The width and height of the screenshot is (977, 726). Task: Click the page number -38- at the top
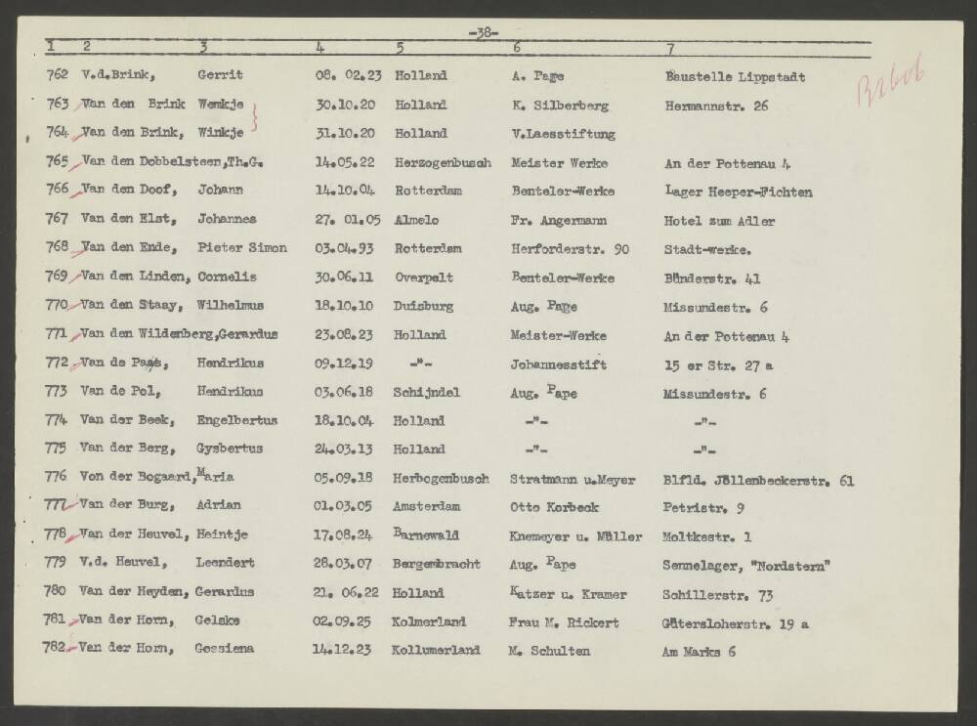coord(484,32)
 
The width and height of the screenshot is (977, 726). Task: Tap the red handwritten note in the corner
coord(890,86)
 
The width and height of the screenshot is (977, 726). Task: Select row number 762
coord(58,76)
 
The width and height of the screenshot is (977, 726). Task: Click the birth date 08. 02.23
coord(345,76)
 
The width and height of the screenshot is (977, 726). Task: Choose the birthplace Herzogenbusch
coord(443,162)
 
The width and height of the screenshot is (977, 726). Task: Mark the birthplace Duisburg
coord(423,306)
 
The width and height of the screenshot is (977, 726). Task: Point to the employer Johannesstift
coord(558,363)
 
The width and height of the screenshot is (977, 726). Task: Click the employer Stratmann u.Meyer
coord(573,480)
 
